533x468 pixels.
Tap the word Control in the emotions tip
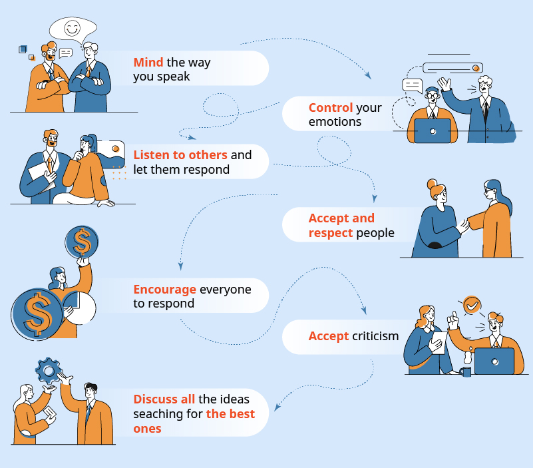click(x=330, y=107)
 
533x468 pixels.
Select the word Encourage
click(x=164, y=290)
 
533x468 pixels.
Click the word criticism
click(x=375, y=336)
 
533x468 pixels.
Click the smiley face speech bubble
click(x=72, y=29)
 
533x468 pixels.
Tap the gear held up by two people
click(x=48, y=369)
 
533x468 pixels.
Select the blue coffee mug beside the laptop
click(x=466, y=371)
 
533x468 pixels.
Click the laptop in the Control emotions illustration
click(x=432, y=130)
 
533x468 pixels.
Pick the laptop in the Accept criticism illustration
click(x=494, y=360)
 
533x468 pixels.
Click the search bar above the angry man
click(x=452, y=67)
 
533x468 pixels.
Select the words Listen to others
click(x=180, y=154)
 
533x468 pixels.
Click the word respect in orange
click(x=330, y=233)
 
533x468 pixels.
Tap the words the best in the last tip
click(x=230, y=413)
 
